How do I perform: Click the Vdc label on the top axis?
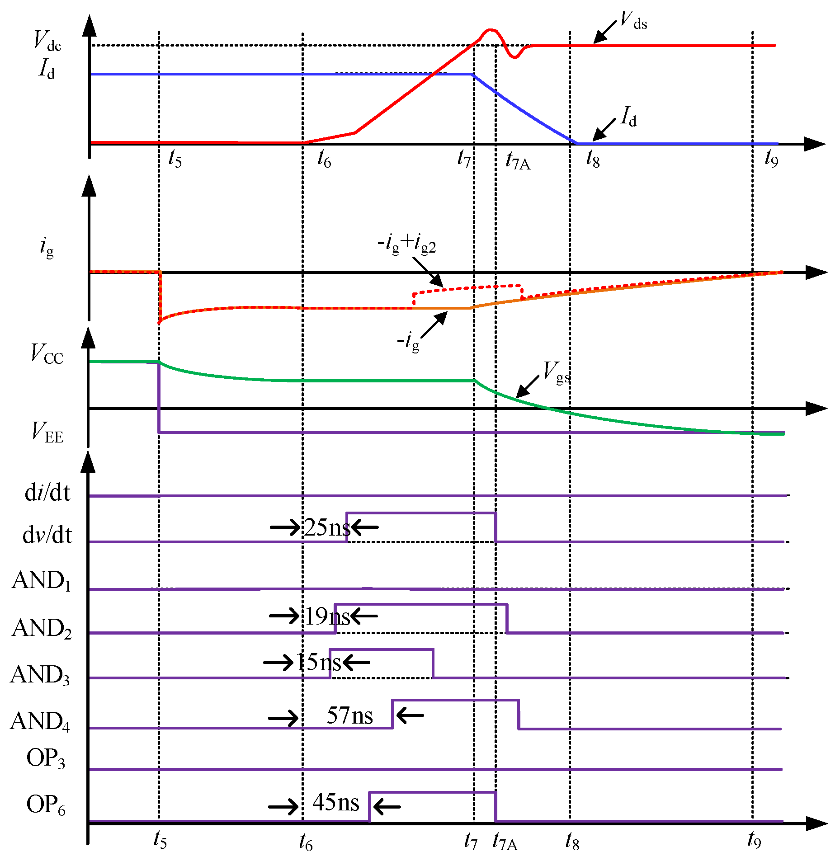[47, 41]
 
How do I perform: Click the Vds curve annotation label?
[633, 21]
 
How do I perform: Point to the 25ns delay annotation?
[327, 527]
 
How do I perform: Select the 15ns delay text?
[319, 663]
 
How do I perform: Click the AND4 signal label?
[40, 721]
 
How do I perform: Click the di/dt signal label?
[47, 493]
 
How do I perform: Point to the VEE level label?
[47, 432]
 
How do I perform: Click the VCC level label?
[47, 354]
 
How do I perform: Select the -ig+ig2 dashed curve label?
[406, 244]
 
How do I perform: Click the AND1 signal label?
[42, 581]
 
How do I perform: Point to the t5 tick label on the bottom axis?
[160, 840]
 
